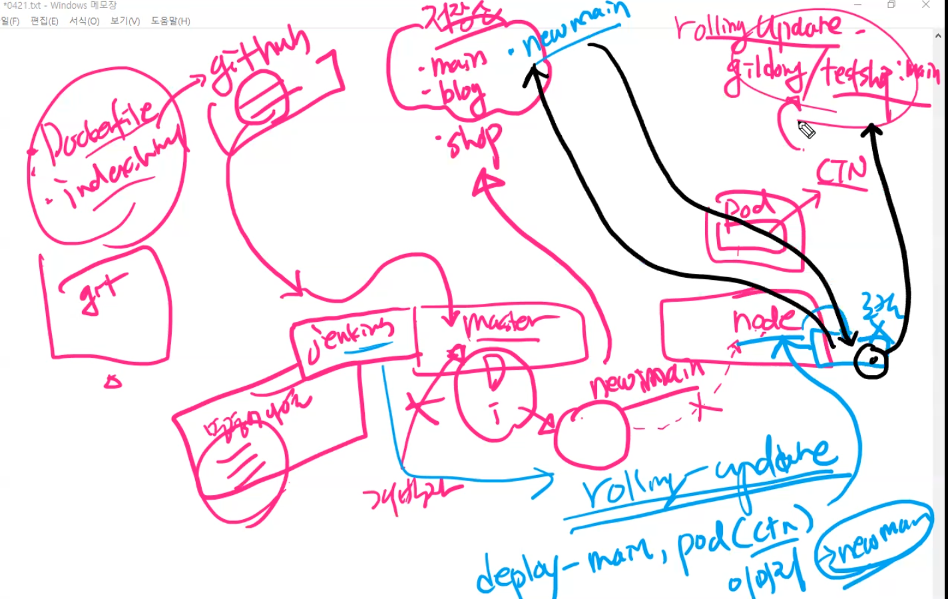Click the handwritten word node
click(x=764, y=320)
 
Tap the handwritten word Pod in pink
click(x=749, y=210)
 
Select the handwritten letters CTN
click(x=842, y=173)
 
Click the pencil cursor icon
click(x=806, y=129)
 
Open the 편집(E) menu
click(x=44, y=21)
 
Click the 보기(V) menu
click(x=125, y=21)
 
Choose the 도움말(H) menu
click(x=170, y=21)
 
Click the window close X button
click(x=925, y=5)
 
